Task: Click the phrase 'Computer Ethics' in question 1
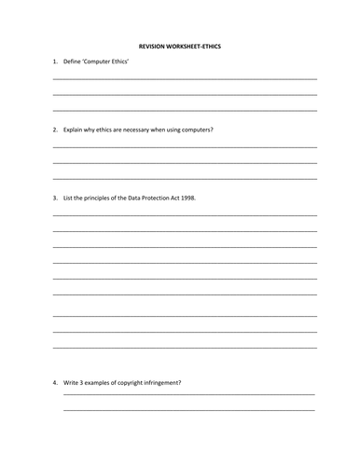tap(108, 62)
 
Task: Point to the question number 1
tap(55, 62)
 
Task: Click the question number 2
tap(55, 130)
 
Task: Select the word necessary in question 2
tap(142, 130)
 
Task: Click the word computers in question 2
tap(195, 130)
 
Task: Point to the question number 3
tap(55, 198)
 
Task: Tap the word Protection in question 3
tap(160, 198)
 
